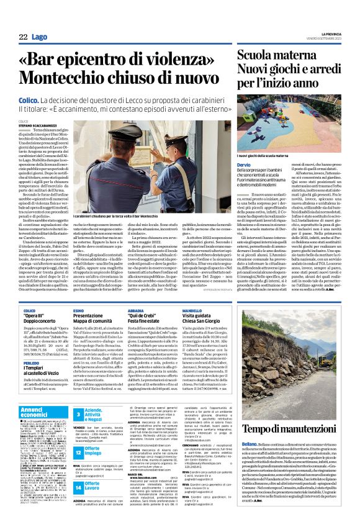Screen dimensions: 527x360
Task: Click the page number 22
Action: coord(22,38)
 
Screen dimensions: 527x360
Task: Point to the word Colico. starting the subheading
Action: coord(29,100)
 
